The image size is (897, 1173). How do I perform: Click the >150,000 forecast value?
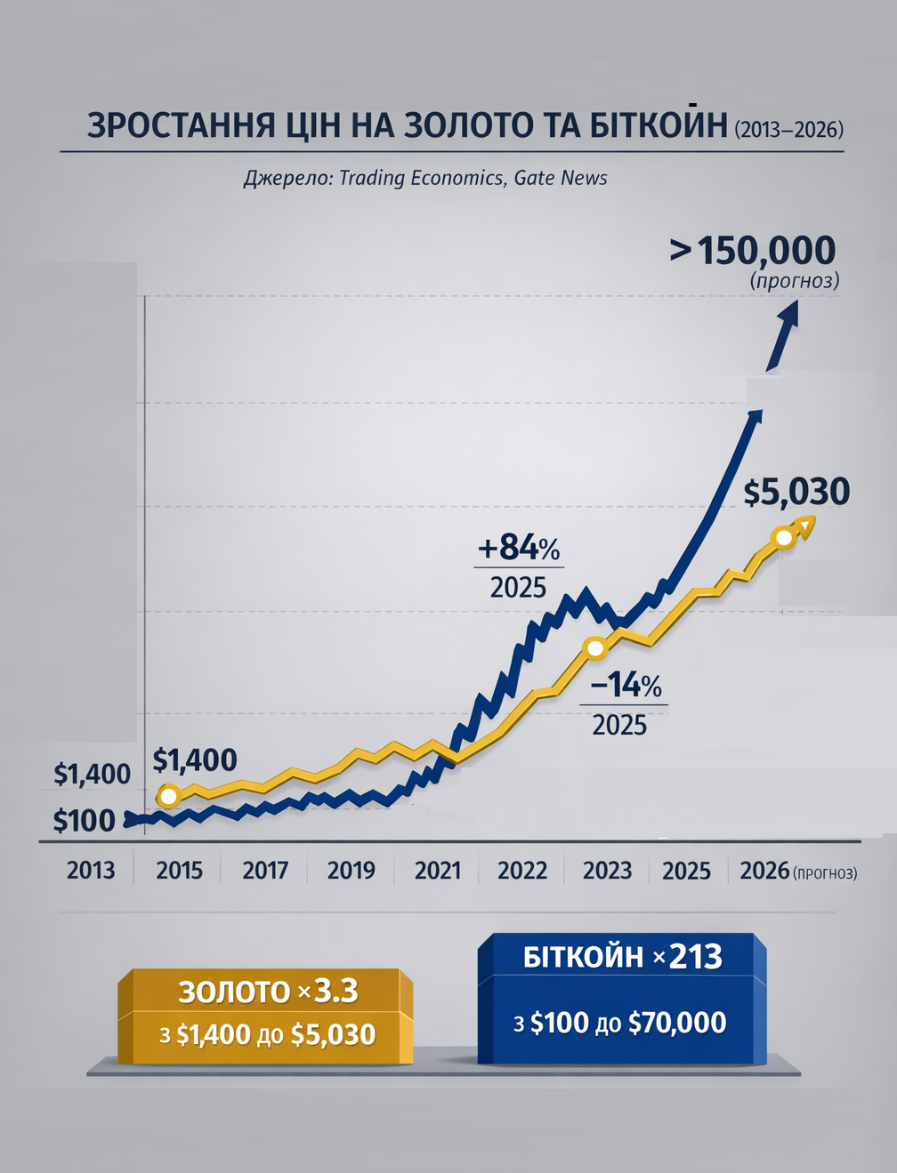[x=753, y=251]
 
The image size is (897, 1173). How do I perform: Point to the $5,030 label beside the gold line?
[x=796, y=492]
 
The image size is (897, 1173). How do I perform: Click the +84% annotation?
[x=519, y=547]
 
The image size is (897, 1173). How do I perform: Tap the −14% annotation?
[x=626, y=685]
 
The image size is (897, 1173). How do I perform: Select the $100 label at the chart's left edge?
[x=85, y=820]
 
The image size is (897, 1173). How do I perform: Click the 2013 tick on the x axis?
[x=91, y=870]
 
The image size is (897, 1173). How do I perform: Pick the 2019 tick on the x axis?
[x=352, y=870]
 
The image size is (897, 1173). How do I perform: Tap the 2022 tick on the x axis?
[x=522, y=870]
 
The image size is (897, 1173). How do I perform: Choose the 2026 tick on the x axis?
[x=764, y=870]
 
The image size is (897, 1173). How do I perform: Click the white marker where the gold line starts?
[x=168, y=795]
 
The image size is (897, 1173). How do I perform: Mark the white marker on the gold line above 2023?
[x=594, y=647]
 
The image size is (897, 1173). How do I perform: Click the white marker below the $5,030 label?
[x=784, y=537]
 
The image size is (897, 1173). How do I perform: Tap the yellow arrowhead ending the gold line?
[x=805, y=525]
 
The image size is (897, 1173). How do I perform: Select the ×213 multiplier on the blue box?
[x=687, y=957]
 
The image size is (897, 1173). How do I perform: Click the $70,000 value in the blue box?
[x=677, y=1023]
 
